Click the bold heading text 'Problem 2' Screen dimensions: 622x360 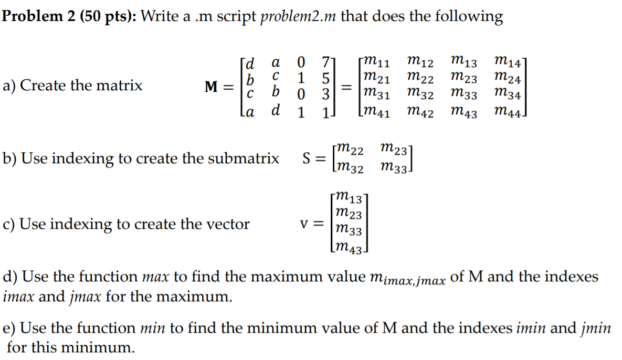(38, 17)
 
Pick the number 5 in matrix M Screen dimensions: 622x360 (325, 79)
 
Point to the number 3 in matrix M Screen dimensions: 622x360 (325, 96)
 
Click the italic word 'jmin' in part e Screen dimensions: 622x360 (596, 329)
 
